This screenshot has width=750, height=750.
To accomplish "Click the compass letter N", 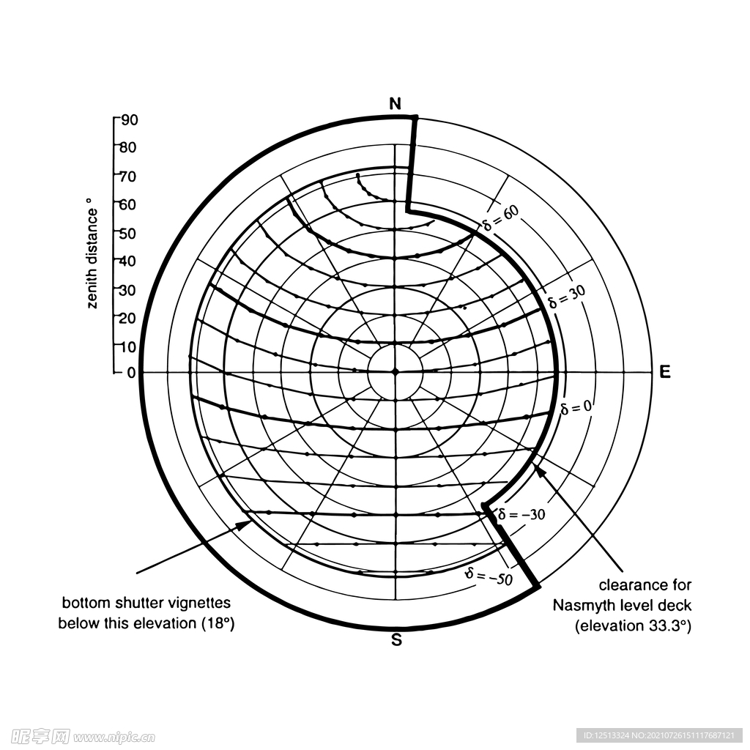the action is click(395, 104).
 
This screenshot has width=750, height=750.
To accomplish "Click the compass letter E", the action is click(665, 371).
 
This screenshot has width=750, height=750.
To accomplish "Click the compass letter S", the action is click(396, 639).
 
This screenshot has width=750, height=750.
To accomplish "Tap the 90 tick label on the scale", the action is click(129, 119).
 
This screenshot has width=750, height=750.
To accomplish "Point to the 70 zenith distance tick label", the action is click(127, 177).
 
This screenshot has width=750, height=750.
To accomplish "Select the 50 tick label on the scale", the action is click(127, 234).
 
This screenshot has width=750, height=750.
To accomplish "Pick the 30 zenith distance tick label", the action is click(127, 290).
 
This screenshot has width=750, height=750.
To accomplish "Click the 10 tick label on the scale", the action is click(127, 346).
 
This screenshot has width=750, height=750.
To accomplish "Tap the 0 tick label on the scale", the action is click(132, 373).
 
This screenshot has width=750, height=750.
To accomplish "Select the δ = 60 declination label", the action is click(501, 218).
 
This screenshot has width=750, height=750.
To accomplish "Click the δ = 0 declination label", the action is click(576, 407).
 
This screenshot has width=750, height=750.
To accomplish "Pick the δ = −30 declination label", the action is click(521, 514).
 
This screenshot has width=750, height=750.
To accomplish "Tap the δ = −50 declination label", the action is click(489, 576).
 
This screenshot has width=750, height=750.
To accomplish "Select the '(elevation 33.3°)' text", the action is click(633, 625).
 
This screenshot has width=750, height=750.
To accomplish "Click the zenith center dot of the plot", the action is click(396, 371).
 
